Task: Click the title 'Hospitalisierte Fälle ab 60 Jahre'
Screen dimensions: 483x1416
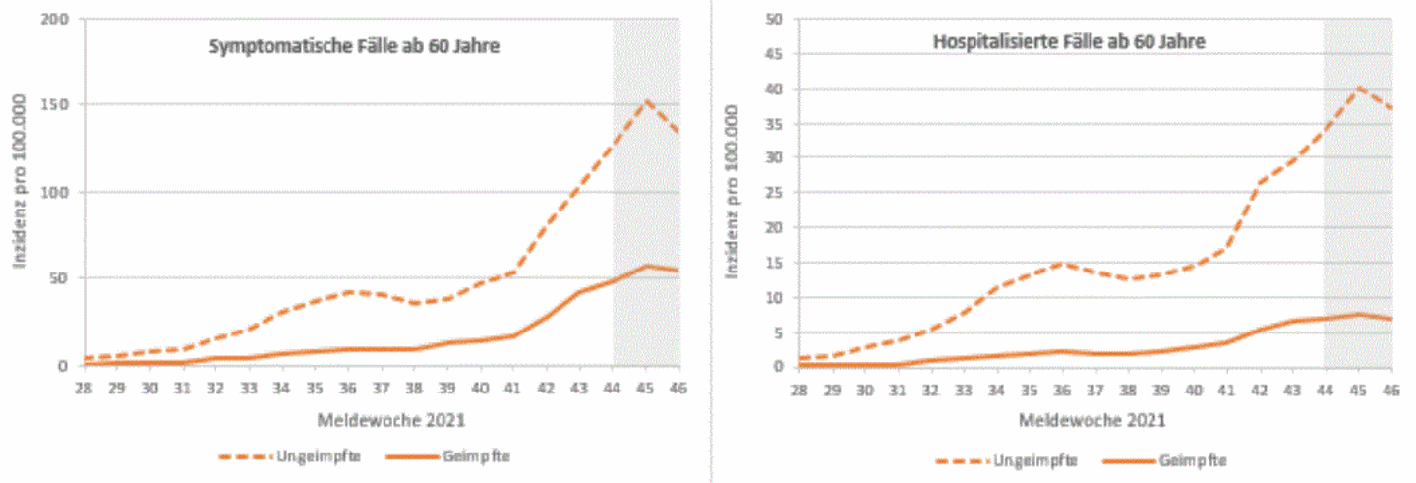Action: [x=1069, y=41]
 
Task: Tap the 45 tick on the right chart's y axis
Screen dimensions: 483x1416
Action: [x=776, y=54]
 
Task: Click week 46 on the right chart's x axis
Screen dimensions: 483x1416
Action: [x=1391, y=388]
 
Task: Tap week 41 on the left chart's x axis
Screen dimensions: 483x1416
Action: [x=513, y=388]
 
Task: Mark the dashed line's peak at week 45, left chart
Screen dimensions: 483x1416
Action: [x=646, y=100]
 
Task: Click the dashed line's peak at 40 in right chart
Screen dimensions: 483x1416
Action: [x=1359, y=89]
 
